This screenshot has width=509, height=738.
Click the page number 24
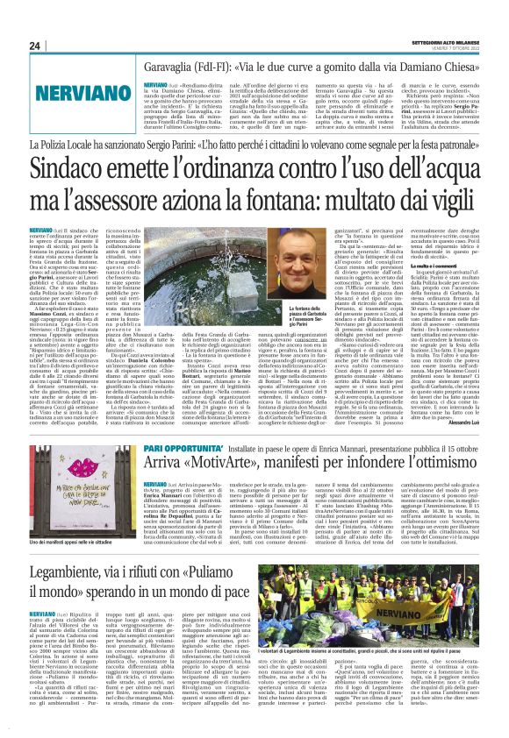pyautogui.click(x=35, y=46)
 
